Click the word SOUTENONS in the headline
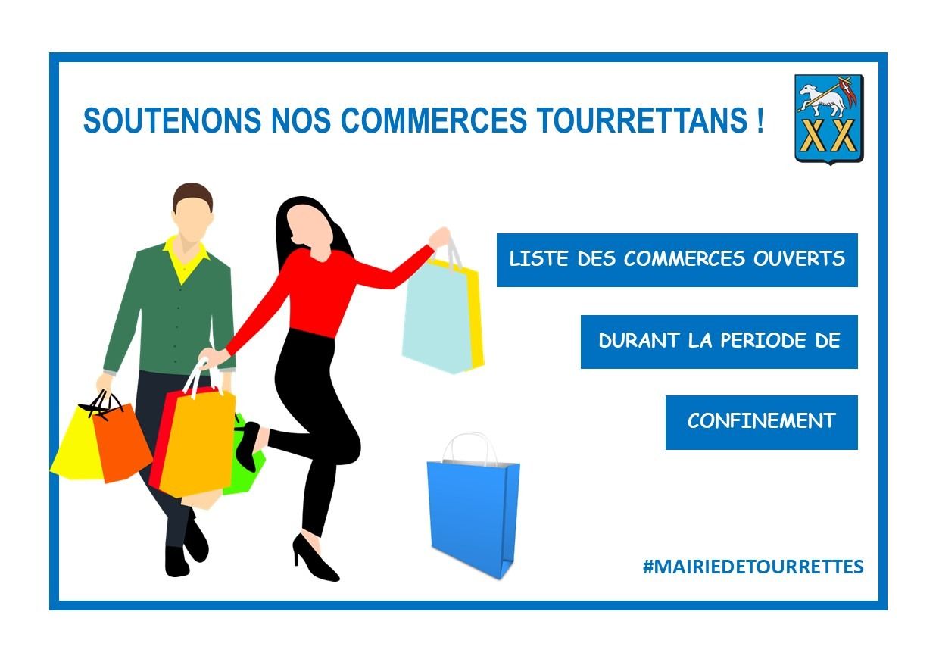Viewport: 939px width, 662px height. [x=172, y=120]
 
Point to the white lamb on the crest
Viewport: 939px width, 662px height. [x=822, y=100]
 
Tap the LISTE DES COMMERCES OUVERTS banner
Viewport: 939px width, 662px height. [x=677, y=260]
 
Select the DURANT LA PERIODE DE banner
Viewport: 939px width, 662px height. [x=719, y=342]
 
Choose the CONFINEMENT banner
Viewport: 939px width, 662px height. [x=761, y=422]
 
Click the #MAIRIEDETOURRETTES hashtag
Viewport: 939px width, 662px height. [x=753, y=567]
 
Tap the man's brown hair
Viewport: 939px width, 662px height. [x=192, y=194]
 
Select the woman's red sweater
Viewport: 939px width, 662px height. [x=319, y=293]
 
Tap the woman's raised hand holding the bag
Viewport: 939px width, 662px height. [x=439, y=238]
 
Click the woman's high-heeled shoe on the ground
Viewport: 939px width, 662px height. [x=314, y=557]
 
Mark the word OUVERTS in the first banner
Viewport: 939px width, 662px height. [x=799, y=258]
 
